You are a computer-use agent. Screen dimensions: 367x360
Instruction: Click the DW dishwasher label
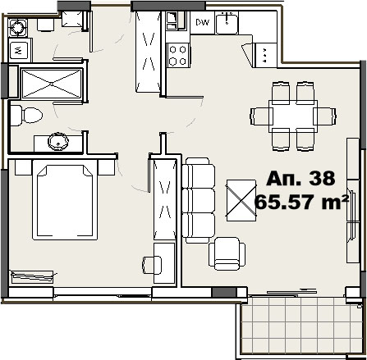click(203, 22)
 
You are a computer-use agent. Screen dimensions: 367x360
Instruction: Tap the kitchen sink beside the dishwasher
click(227, 24)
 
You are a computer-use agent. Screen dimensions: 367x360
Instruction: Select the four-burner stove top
click(178, 55)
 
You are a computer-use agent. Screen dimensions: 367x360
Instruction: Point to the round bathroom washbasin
click(58, 141)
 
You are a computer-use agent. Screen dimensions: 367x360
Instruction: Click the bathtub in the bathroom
click(52, 84)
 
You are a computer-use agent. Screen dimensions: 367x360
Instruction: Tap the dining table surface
click(293, 116)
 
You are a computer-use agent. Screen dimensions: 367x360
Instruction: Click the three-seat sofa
click(199, 200)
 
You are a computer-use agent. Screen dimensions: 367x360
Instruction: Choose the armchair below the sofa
click(227, 253)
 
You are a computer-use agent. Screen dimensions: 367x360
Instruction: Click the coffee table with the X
click(241, 200)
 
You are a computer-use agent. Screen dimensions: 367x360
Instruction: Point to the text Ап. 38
click(300, 179)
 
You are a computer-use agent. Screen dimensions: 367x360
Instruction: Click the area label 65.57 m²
click(301, 203)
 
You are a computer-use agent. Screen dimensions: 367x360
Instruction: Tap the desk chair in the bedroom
click(151, 265)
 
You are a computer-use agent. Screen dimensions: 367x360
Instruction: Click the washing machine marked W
click(19, 50)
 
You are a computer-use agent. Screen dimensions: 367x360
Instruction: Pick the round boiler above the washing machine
click(18, 28)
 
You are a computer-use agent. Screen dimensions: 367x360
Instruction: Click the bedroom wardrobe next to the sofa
click(165, 199)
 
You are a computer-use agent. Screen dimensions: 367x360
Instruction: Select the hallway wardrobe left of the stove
click(149, 52)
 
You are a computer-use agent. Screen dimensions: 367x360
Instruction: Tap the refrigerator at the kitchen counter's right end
click(265, 55)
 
